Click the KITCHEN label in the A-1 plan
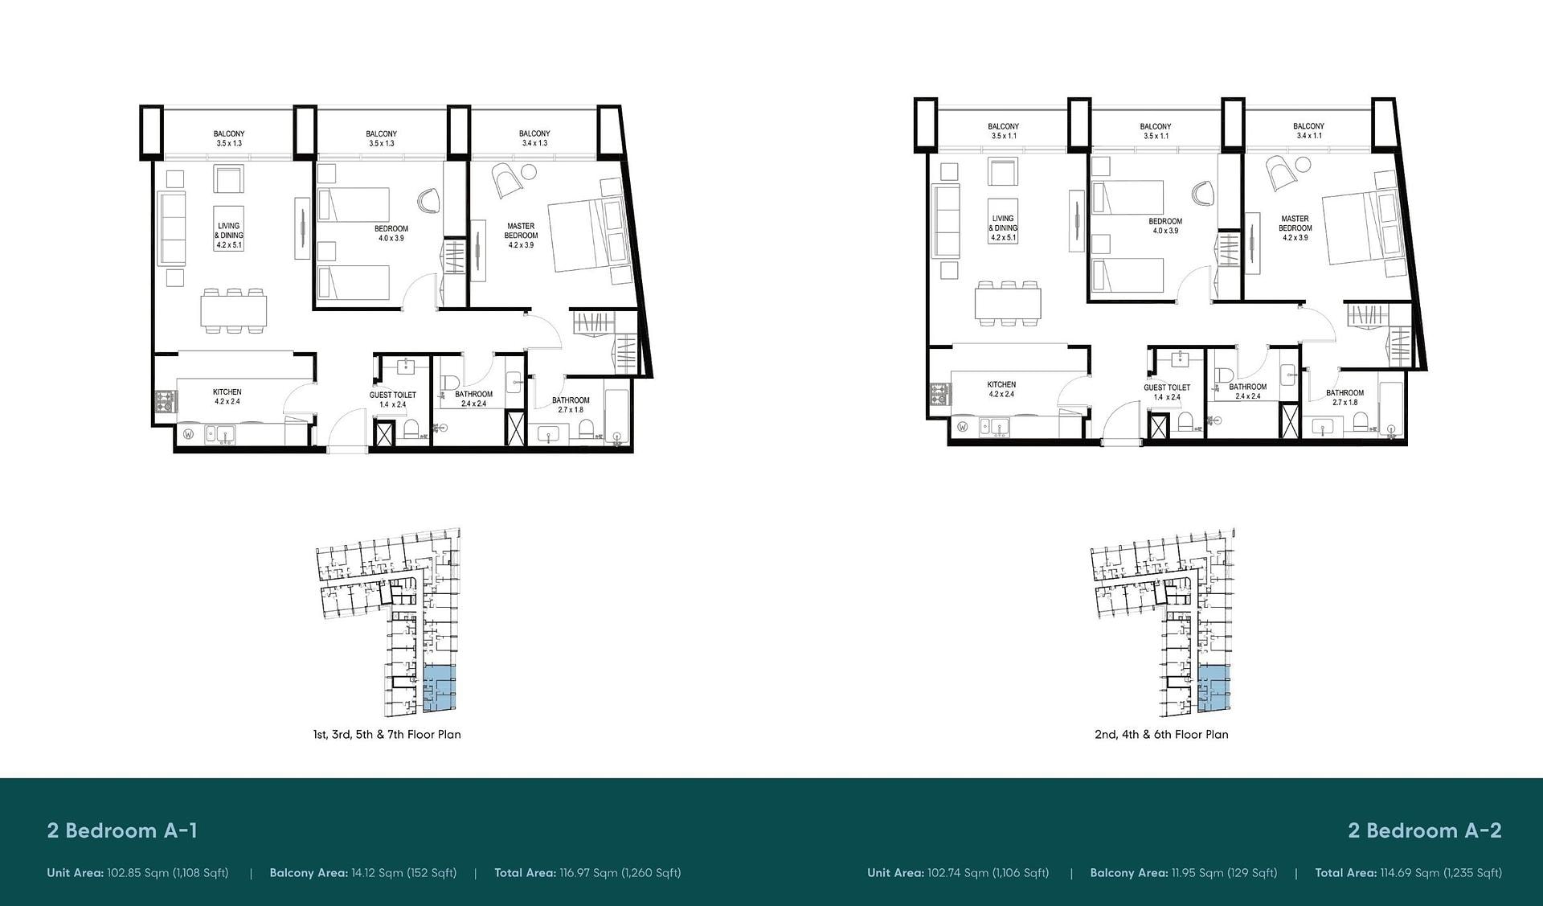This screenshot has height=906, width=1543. click(x=227, y=392)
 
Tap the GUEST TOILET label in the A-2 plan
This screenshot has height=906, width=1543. click(x=1167, y=387)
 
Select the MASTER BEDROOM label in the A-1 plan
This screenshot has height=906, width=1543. click(x=521, y=231)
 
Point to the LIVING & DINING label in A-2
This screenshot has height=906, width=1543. click(x=1003, y=223)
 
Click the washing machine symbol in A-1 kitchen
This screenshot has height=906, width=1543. click(x=189, y=435)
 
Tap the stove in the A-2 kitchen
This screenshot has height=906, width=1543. click(x=939, y=394)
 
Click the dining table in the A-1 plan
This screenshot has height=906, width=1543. click(x=234, y=310)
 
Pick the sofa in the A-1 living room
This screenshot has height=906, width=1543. click(x=171, y=230)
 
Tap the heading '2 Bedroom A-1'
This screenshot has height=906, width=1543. click(x=122, y=830)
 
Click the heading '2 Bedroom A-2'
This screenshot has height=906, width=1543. click(x=1425, y=830)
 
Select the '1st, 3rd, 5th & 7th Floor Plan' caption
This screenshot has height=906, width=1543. click(x=387, y=734)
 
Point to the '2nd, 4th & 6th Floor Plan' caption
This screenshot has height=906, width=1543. click(x=1161, y=734)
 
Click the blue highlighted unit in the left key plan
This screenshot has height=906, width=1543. click(x=439, y=689)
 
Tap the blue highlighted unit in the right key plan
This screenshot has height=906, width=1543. click(x=1214, y=689)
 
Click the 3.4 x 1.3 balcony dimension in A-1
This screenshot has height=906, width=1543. click(x=534, y=143)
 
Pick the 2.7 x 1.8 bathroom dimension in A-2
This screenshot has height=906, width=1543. click(x=1344, y=402)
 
